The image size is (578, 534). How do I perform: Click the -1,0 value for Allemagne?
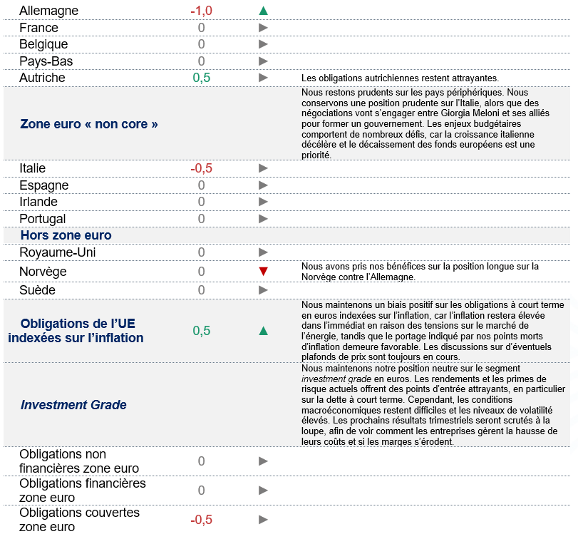click(202, 11)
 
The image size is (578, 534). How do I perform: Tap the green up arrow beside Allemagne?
click(264, 11)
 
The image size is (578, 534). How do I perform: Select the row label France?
click(39, 28)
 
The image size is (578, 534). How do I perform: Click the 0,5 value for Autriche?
click(202, 78)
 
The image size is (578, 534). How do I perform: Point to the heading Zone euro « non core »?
click(89, 124)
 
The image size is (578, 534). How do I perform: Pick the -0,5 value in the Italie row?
click(202, 168)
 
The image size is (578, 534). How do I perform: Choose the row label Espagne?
click(44, 185)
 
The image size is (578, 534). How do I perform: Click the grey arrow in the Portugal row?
click(264, 219)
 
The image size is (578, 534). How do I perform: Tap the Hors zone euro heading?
click(66, 235)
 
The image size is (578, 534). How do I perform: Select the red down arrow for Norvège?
click(264, 272)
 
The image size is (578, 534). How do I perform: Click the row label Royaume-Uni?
click(58, 252)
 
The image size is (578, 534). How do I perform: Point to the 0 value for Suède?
click(202, 290)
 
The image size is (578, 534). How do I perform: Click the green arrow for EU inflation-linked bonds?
click(264, 330)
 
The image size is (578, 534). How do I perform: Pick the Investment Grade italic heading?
click(73, 405)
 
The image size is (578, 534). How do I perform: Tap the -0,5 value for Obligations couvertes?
click(202, 520)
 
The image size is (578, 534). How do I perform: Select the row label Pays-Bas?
click(46, 61)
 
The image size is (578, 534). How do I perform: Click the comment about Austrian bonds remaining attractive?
click(400, 78)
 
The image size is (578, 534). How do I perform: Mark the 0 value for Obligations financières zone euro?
click(202, 491)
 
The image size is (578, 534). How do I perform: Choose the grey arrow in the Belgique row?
click(264, 44)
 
